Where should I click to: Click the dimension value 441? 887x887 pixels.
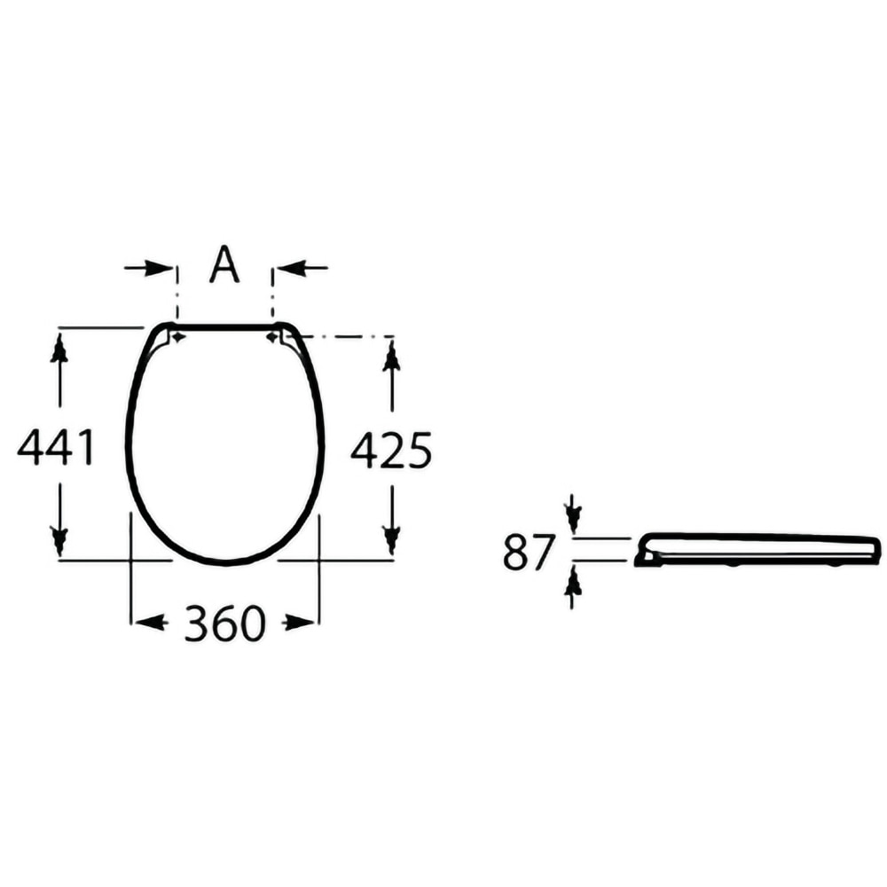point(55,447)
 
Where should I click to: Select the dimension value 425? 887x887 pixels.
point(391,451)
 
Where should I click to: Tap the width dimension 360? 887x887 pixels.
point(224,623)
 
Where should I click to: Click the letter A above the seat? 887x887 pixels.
point(224,263)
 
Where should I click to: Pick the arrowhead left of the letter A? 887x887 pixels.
point(159,268)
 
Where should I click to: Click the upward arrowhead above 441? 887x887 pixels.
point(59,349)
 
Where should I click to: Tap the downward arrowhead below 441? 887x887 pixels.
point(59,540)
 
